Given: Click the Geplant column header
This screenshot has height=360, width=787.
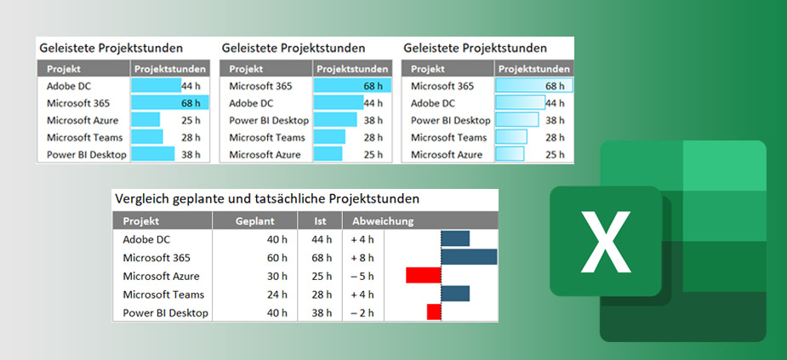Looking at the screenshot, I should [x=255, y=221].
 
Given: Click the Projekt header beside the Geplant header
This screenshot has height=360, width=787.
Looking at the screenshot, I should [x=141, y=221].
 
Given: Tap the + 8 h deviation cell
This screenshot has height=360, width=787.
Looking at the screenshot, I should [x=362, y=258].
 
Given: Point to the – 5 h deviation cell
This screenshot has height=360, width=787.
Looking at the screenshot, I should [x=362, y=276].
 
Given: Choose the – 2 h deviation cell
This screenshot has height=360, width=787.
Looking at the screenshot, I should [x=362, y=312].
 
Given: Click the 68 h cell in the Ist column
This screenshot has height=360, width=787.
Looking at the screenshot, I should [x=322, y=258].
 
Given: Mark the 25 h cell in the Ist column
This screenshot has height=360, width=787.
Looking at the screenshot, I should [x=322, y=276].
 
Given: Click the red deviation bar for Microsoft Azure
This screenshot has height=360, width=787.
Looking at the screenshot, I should [x=424, y=276].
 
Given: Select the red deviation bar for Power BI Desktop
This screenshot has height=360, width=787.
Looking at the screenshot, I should [x=434, y=312].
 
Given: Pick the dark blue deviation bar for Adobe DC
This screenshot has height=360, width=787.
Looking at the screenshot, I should [x=455, y=239].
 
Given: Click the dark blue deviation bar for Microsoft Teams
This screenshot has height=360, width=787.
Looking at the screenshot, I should [x=455, y=294].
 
